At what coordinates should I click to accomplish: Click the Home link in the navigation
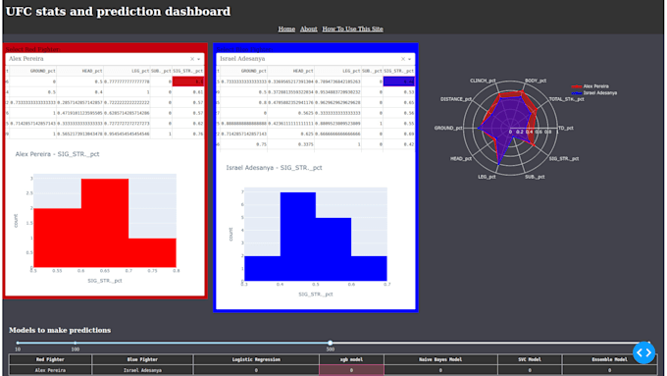[286, 29]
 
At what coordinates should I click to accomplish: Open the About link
[309, 29]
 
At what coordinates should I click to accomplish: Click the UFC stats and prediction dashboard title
[118, 12]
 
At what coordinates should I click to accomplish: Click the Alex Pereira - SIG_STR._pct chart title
[62, 154]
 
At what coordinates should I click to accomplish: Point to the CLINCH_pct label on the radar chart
[485, 81]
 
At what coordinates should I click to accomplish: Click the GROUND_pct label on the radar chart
[448, 129]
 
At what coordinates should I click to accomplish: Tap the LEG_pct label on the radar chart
[487, 177]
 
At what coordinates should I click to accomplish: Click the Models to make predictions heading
[60, 330]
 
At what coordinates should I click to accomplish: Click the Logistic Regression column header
[256, 359]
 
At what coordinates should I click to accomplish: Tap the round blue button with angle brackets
[643, 351]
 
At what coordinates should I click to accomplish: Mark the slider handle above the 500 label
[330, 343]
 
